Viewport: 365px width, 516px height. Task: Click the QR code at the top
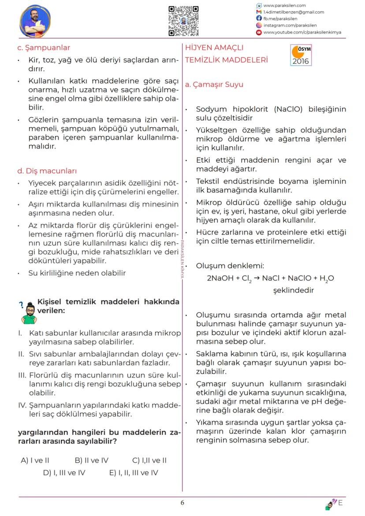(184, 21)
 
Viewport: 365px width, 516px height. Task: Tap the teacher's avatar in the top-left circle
(35, 21)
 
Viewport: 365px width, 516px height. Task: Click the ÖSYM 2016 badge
(301, 56)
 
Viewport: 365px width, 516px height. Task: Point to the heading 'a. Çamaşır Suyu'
(214, 85)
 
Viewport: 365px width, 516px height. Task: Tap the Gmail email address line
(293, 12)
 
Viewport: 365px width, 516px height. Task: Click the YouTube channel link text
(302, 32)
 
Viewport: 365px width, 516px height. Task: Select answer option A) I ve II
(35, 460)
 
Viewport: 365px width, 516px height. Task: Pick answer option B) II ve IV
(91, 460)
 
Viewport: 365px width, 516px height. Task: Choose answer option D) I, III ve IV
(64, 473)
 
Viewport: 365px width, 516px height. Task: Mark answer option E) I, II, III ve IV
(133, 473)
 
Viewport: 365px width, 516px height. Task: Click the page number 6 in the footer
(182, 502)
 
